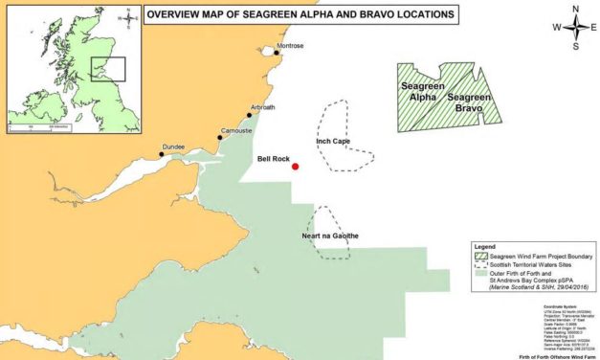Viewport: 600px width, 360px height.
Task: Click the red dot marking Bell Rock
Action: (296, 167)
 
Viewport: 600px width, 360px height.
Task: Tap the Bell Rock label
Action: (276, 156)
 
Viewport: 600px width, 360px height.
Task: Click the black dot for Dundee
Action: (162, 152)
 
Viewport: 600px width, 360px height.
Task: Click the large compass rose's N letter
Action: (576, 9)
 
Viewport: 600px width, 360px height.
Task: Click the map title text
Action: (298, 14)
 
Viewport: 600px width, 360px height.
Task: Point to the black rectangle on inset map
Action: (108, 70)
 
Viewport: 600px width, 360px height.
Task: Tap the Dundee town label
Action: (172, 146)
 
